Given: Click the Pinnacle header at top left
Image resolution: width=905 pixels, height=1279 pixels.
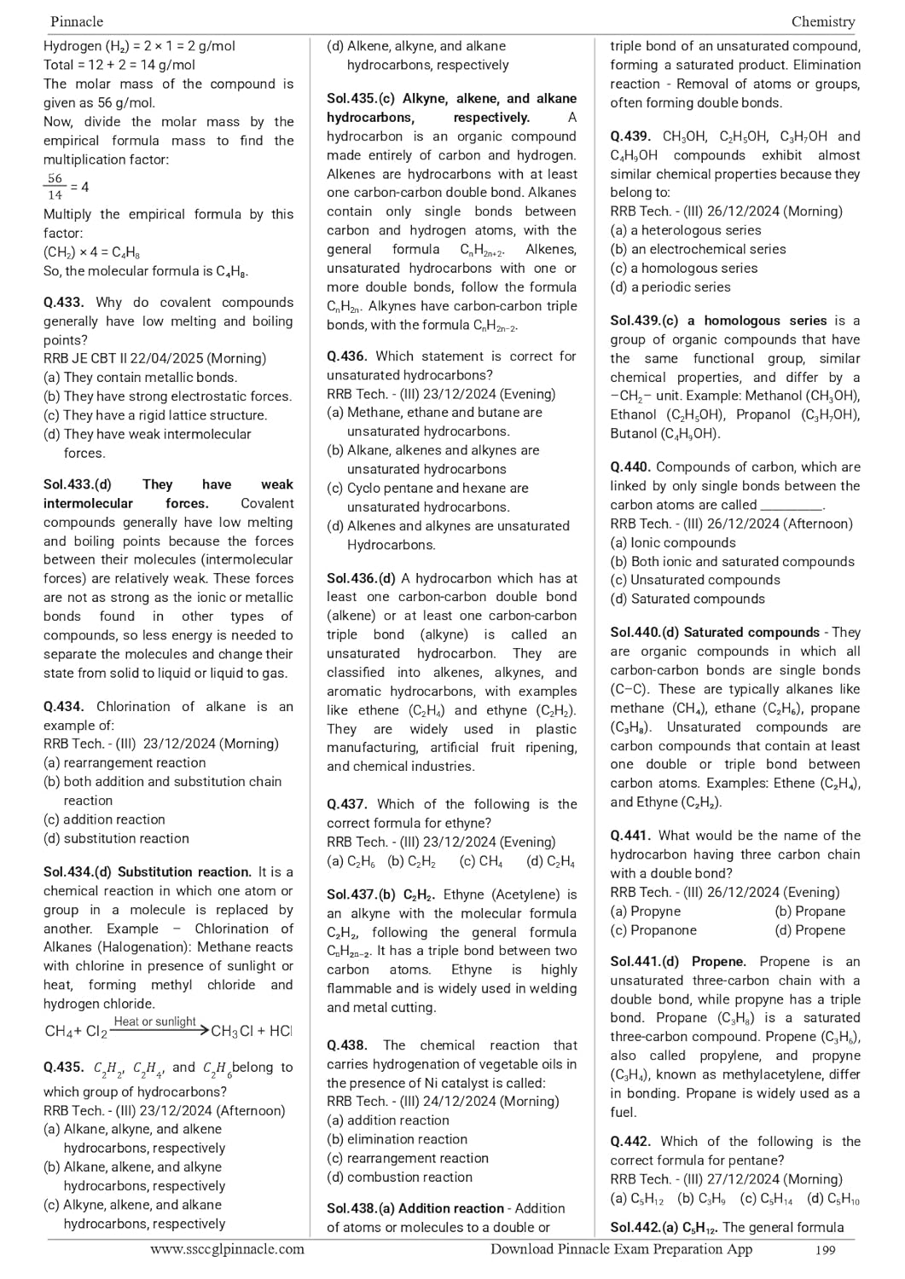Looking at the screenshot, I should (x=77, y=21).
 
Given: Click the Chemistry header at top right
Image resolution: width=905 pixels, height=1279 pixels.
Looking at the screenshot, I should (x=822, y=21).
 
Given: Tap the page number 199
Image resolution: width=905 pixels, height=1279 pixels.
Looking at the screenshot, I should (x=825, y=1250).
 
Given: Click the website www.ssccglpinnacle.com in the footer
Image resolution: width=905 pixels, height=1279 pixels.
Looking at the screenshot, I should (x=227, y=1249).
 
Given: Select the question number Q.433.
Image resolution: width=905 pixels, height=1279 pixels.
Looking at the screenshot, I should (x=64, y=303).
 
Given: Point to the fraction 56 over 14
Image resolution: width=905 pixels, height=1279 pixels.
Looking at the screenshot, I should (x=55, y=187).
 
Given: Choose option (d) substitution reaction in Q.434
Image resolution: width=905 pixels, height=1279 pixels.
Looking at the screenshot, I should (x=116, y=838).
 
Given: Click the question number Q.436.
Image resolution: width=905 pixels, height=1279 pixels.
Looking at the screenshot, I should (x=347, y=356).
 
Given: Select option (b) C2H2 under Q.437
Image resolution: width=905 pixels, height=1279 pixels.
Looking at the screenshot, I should (x=411, y=861).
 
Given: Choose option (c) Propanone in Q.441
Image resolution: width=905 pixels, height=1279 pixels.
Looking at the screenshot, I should (x=653, y=930).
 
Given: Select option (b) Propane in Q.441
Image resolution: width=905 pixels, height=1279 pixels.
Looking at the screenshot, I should (x=809, y=912).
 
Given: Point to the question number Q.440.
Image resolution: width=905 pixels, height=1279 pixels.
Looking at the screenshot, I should (x=630, y=467).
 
